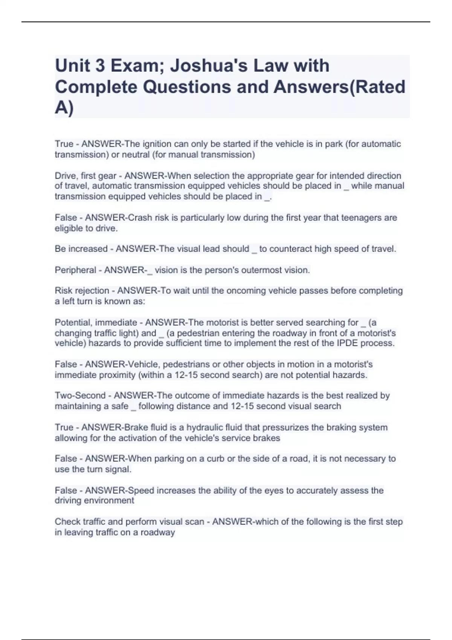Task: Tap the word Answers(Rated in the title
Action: pos(339,87)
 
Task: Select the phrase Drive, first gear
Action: pos(86,176)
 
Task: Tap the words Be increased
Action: pos(81,249)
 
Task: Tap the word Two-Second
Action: pos(80,396)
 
